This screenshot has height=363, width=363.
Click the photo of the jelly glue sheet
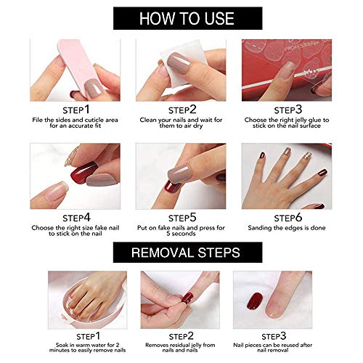[x=285, y=69]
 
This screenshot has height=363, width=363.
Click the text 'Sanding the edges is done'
[x=285, y=227]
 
